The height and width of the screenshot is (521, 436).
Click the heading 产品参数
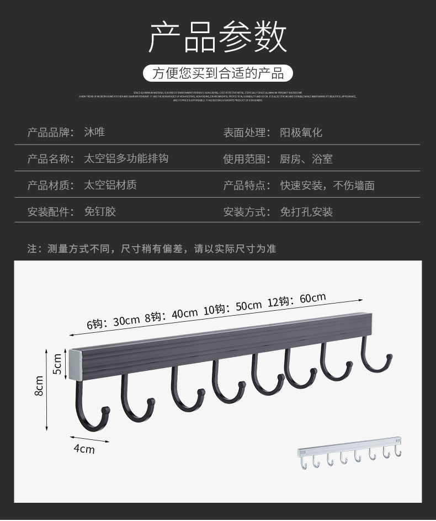click(x=218, y=37)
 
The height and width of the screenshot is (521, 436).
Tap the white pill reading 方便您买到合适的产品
click(x=218, y=73)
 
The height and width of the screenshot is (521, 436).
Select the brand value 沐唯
click(x=94, y=132)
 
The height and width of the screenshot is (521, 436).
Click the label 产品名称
click(x=50, y=159)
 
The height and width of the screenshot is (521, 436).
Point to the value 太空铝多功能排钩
click(x=126, y=159)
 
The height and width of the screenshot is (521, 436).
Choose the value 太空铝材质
click(x=110, y=185)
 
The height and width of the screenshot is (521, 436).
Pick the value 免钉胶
click(x=99, y=212)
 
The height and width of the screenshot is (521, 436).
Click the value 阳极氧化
click(x=301, y=132)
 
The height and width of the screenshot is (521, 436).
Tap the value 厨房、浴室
click(x=306, y=159)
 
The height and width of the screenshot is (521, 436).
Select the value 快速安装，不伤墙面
click(x=327, y=185)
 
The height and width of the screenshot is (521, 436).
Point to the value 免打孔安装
click(x=306, y=212)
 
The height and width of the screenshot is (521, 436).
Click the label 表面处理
click(x=247, y=132)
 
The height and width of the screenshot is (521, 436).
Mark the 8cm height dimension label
click(x=39, y=386)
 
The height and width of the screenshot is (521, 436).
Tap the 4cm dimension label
click(x=84, y=449)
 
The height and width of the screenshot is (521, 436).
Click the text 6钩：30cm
click(x=113, y=322)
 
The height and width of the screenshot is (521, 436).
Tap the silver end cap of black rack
click(x=76, y=365)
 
